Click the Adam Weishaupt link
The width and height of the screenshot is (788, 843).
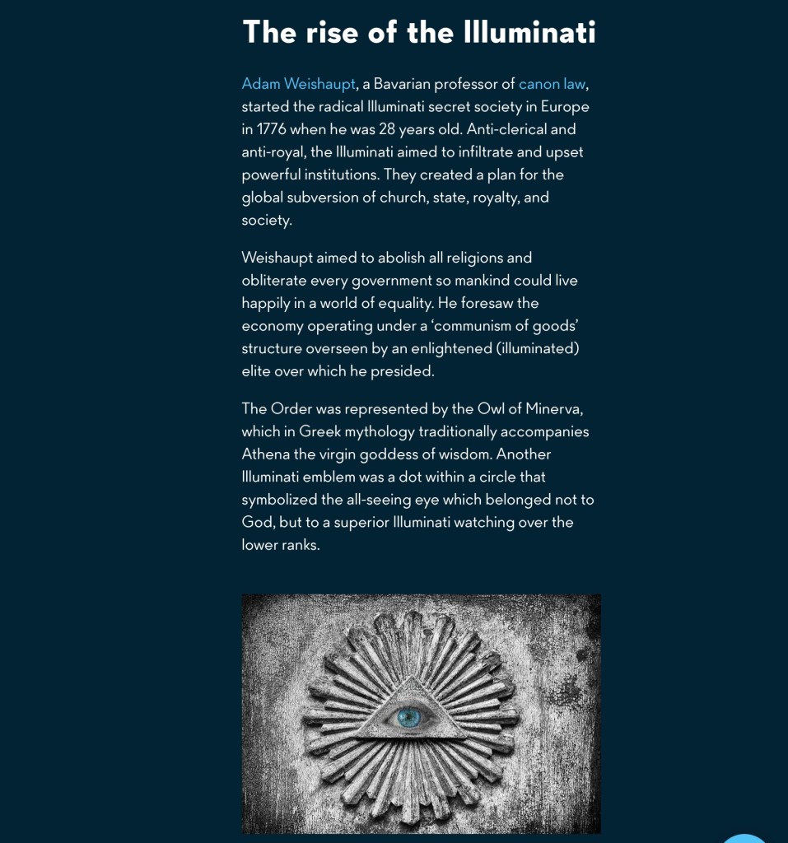click(x=298, y=84)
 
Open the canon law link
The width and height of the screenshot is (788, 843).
click(x=552, y=84)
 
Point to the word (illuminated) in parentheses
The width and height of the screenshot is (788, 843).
click(x=539, y=348)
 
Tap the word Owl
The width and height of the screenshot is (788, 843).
click(x=492, y=409)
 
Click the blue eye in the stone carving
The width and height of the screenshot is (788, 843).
click(x=409, y=717)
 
